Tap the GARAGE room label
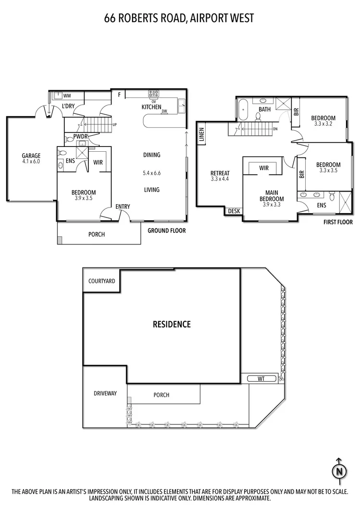tap(31, 156)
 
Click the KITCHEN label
tap(151, 107)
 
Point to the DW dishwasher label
tap(164, 111)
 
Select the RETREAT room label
tap(220, 173)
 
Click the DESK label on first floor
tap(234, 211)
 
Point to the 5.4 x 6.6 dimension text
tap(151, 172)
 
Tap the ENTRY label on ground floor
tap(123, 207)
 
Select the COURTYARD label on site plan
tap(102, 281)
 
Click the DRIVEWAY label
tap(105, 393)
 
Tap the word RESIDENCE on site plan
tap(172, 324)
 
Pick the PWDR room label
tap(80, 137)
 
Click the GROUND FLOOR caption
tap(166, 230)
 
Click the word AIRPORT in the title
tap(203, 18)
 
